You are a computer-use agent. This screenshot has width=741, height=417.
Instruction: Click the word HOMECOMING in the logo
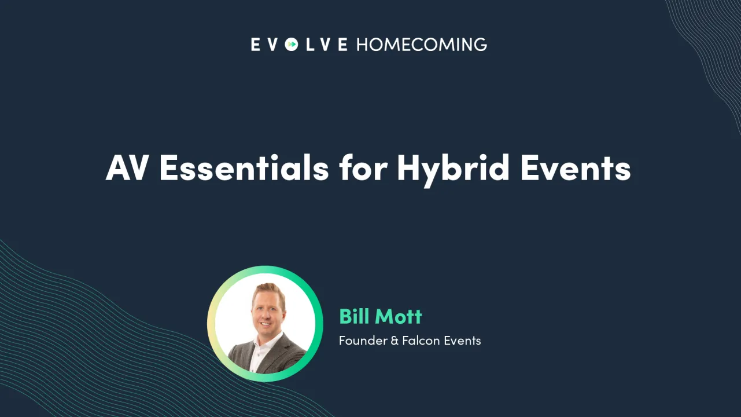point(421,45)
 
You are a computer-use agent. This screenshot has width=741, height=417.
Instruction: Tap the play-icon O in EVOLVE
point(292,45)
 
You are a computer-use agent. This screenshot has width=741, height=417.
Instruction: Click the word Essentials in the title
point(244,168)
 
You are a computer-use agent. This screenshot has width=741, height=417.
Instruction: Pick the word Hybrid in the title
point(453,169)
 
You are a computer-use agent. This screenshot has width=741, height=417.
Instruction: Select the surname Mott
point(399,316)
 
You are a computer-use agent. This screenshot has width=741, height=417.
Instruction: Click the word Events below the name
point(463,341)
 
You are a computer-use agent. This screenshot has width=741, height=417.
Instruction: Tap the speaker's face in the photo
point(268,313)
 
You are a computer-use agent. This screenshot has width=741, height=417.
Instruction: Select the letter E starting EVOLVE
point(255,45)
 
